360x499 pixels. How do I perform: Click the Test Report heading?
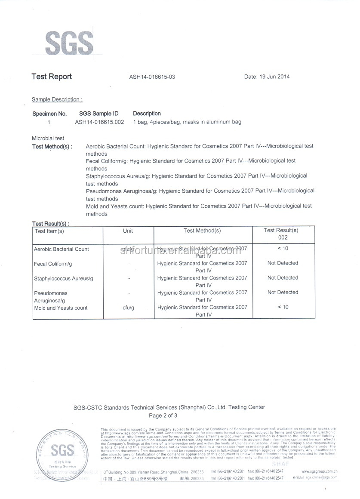click(x=52, y=77)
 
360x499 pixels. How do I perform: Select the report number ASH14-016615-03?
click(x=152, y=77)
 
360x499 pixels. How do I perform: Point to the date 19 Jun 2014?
click(x=267, y=77)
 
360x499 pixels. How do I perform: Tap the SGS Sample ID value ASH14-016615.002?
click(x=99, y=122)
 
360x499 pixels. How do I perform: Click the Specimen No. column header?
click(x=49, y=114)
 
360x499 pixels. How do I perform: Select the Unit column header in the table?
click(x=128, y=231)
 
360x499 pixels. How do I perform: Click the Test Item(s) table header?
click(x=49, y=231)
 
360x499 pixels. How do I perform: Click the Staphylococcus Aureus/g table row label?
click(x=63, y=279)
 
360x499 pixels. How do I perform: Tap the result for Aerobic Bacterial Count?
click(x=283, y=249)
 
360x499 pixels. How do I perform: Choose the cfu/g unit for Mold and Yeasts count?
click(x=128, y=308)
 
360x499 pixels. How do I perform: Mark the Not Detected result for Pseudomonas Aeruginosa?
click(x=283, y=293)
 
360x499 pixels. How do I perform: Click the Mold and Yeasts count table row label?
click(x=61, y=308)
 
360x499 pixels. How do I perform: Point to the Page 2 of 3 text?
click(x=163, y=416)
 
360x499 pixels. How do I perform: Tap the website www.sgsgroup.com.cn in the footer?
click(x=319, y=471)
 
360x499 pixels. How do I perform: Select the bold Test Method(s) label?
click(x=52, y=147)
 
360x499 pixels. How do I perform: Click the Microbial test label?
click(x=48, y=139)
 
